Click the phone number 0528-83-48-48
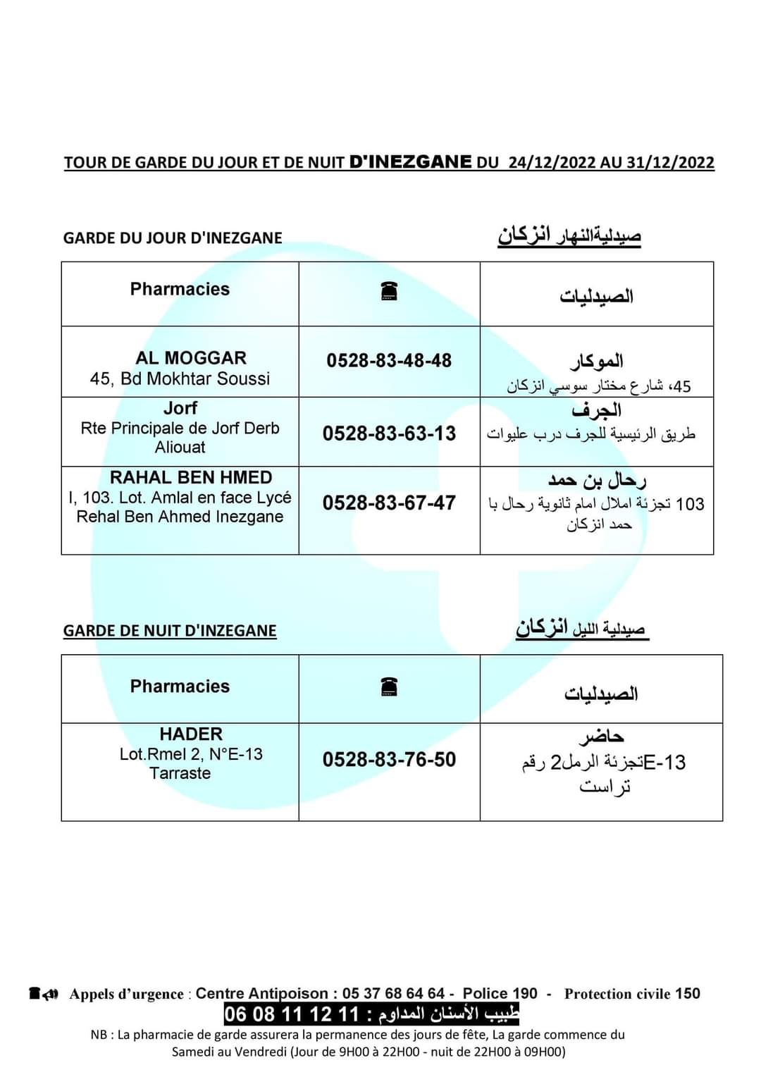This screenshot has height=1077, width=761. point(389,361)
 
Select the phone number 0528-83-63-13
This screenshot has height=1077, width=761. point(389,433)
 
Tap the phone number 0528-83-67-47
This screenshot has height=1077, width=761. point(389,503)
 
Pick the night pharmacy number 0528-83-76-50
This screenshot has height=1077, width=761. point(389,760)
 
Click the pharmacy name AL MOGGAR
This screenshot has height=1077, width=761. point(191,358)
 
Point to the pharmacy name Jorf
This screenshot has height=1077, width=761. point(180,408)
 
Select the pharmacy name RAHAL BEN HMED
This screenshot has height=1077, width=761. point(191,478)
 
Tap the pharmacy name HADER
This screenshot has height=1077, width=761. point(191,734)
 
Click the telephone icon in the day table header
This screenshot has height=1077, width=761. point(389,290)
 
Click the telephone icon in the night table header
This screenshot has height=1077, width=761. point(389,687)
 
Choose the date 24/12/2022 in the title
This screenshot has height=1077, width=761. point(552,163)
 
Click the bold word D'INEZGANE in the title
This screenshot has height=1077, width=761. point(410,162)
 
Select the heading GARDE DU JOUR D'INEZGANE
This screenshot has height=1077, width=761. point(173,238)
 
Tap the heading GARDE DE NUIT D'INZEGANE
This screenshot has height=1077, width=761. point(170,631)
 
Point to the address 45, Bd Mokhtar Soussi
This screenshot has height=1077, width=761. point(180,379)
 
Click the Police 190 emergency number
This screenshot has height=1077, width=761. point(500,994)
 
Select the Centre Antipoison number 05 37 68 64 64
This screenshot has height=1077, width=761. point(393,994)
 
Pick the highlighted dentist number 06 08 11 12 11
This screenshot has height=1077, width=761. point(292,1015)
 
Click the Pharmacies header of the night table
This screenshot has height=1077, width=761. point(180,687)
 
